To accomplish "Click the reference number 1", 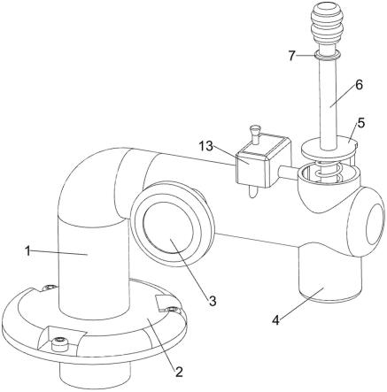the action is (x=27, y=251).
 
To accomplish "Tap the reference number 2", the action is (x=179, y=373).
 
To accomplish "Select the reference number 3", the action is (x=213, y=301).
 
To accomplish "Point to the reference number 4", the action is (x=275, y=320).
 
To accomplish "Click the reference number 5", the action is (x=360, y=123).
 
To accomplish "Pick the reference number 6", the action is (x=359, y=85).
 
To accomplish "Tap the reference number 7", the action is (x=292, y=56).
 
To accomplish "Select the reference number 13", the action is (x=205, y=145).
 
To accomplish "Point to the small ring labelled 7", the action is (x=328, y=55).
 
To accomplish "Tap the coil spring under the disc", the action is (x=327, y=172).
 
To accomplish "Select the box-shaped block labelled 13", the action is (x=263, y=161).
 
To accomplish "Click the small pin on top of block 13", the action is (x=254, y=135).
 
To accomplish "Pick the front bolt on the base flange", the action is (x=60, y=344).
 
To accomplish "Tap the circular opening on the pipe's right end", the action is (x=375, y=224).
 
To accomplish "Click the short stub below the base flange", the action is (x=95, y=373).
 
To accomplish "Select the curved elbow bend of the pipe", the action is (x=89, y=183).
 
